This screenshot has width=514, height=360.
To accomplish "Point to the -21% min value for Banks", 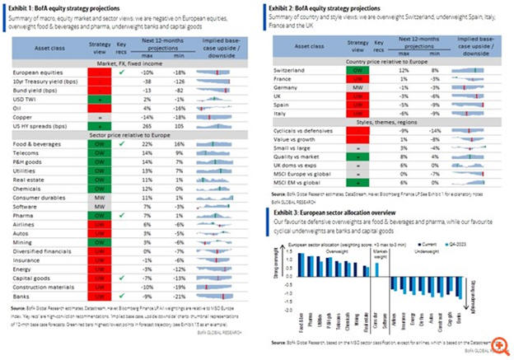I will (x=176, y=296).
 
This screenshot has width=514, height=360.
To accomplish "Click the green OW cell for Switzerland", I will (x=359, y=72).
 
